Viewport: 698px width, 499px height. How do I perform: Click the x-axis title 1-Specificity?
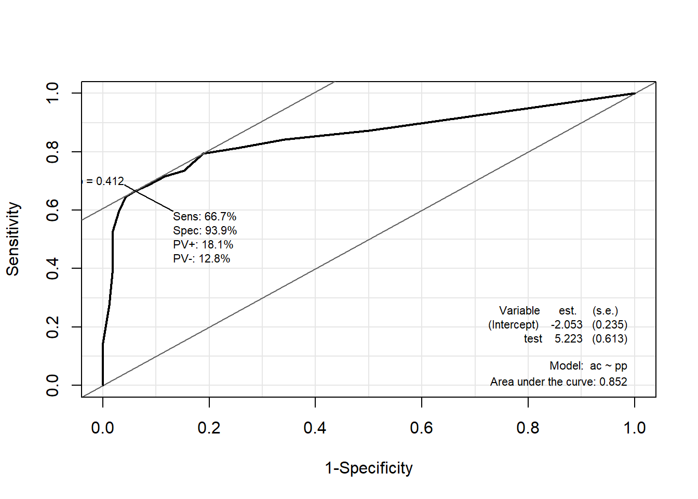pos(369,468)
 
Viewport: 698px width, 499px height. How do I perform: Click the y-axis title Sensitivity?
pos(13,239)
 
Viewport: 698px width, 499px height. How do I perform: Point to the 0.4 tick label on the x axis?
pos(315,428)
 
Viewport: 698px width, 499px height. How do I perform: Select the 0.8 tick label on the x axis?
pos(528,428)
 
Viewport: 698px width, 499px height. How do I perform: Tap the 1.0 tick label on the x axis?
pos(635,428)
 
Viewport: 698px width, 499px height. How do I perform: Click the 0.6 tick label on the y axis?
pos(52,210)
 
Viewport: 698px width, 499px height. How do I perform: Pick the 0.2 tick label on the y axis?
pos(52,327)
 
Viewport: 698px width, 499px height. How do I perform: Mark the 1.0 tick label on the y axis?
pos(52,93)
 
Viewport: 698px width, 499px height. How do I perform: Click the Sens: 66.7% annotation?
pos(205,216)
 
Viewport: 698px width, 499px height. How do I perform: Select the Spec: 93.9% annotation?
pos(205,230)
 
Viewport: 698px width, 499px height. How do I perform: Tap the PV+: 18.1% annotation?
pos(203,244)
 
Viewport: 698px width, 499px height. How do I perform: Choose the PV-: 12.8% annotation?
pos(202,258)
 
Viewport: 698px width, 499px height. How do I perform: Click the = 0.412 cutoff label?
pos(105,181)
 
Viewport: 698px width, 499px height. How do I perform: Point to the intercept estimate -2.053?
pos(567,325)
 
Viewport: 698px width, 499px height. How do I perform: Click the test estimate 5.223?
pos(568,339)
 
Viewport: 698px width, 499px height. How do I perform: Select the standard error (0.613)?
pos(610,339)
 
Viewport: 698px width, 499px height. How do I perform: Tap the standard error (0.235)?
pos(610,325)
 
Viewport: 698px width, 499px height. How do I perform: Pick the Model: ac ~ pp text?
pos(588,366)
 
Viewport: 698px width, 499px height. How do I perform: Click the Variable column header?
pos(519,311)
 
